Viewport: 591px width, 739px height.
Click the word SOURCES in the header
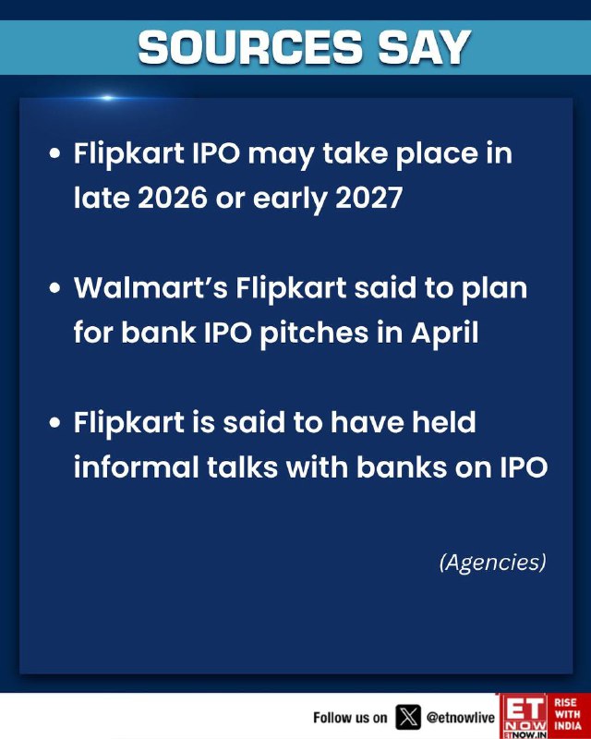click(250, 47)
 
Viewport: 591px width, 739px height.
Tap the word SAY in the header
click(425, 47)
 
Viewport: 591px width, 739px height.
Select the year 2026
click(173, 198)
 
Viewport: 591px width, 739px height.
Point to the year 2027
click(369, 198)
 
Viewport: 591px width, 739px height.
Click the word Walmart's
click(151, 287)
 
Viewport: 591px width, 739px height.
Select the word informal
click(136, 467)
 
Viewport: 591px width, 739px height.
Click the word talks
click(242, 467)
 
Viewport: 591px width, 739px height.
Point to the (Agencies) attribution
click(492, 563)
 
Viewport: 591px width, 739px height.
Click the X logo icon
click(408, 718)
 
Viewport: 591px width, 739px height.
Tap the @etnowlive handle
click(461, 718)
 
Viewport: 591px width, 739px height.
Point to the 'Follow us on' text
click(350, 718)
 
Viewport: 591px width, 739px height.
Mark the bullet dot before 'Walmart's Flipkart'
click(55, 288)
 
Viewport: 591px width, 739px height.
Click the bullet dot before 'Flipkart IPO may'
click(55, 153)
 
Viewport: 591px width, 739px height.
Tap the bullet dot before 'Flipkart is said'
click(55, 422)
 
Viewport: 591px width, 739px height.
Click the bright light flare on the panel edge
click(107, 98)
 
